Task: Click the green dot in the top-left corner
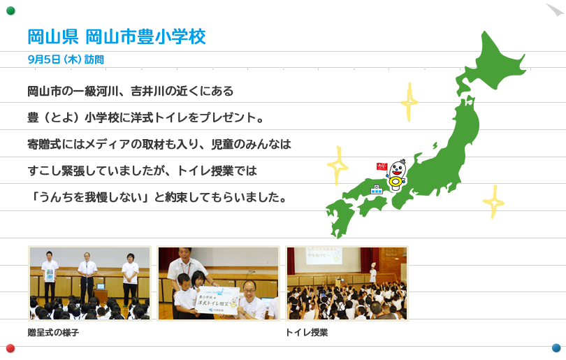point(10,10)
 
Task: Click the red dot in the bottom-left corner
point(10,348)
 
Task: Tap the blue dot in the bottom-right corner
point(556,347)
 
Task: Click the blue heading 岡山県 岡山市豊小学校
point(117,36)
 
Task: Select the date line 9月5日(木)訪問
point(66,59)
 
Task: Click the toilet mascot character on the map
point(396,175)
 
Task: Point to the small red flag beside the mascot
point(382,166)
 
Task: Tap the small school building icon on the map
point(377,189)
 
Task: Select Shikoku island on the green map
point(372,205)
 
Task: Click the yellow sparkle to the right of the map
point(493,202)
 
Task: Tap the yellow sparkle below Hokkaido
point(409,102)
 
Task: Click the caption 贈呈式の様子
point(53,333)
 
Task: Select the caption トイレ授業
point(307,333)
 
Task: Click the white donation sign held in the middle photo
point(219,301)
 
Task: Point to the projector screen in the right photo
point(319,256)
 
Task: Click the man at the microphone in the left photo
point(87,278)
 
